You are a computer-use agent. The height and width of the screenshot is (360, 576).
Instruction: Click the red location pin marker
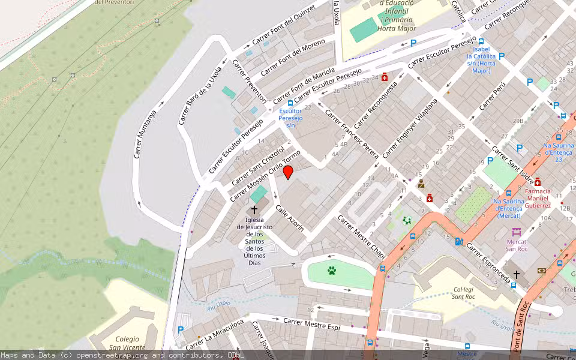point(288,173)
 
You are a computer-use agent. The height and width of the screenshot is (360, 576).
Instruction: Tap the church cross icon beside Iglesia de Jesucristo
point(254,210)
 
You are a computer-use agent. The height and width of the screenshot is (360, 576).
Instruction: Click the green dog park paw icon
point(332,271)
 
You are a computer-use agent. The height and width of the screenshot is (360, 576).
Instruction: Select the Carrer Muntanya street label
point(145,134)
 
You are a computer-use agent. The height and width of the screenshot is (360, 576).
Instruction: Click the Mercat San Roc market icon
point(516,232)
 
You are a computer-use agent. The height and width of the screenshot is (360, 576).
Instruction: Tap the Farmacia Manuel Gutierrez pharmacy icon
point(538,181)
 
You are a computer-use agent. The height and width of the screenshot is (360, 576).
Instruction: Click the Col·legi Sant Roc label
point(464,292)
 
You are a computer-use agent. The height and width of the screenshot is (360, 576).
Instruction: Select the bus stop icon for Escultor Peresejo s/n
point(290,103)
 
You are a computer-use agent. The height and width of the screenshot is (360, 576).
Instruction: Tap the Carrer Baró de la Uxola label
point(200,95)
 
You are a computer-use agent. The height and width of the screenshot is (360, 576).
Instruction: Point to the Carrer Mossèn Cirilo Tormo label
point(265,176)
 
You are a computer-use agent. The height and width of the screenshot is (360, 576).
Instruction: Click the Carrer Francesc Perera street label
point(352,133)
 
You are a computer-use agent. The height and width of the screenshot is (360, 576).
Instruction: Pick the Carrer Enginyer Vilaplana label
point(410,128)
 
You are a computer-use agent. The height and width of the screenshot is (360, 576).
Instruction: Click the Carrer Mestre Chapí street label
point(361,238)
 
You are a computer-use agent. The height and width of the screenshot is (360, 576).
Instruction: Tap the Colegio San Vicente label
point(127,343)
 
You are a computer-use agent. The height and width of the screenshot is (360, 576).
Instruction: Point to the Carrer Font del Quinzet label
point(284,28)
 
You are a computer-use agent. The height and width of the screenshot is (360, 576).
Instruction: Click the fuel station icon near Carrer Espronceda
point(459,242)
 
